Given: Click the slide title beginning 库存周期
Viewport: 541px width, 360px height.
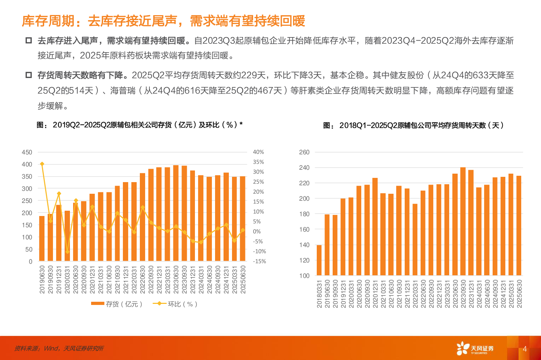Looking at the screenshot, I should point(163,21).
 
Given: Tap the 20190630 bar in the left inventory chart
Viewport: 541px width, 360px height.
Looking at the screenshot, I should point(42,239).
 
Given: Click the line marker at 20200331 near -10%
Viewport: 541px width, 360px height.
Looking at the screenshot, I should point(67,252).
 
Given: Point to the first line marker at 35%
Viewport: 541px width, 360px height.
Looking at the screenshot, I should point(42,164).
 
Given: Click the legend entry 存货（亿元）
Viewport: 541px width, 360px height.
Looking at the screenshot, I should point(117,304).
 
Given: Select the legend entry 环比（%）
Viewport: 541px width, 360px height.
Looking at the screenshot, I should point(175,304).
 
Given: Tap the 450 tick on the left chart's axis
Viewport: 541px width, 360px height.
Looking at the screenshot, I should point(27,152).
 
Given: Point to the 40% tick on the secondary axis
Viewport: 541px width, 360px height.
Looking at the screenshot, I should point(258,152).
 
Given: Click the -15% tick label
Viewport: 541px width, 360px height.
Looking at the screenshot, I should point(260,262).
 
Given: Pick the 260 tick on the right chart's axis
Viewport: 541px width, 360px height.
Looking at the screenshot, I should point(304,152).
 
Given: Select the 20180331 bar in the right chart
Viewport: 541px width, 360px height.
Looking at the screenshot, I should point(319,260).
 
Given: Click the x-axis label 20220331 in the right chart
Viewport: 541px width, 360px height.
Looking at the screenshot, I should point(415,294).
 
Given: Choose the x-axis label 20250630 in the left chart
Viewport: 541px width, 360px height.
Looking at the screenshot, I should point(243,280).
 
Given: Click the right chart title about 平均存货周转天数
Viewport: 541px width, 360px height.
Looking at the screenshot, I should point(414,125).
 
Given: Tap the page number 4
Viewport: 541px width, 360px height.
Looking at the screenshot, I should point(525,349).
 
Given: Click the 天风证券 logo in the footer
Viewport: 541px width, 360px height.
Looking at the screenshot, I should point(475,349).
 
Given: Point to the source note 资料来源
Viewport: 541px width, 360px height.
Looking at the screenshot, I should point(59,348).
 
